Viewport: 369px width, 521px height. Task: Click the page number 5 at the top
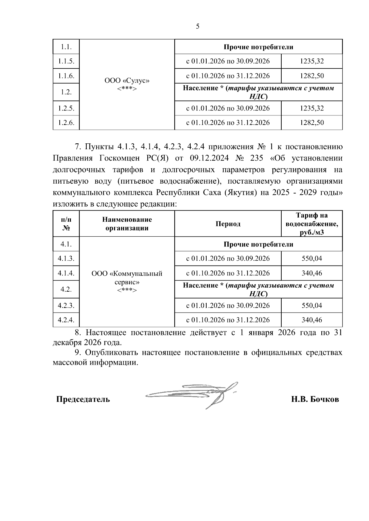pyautogui.click(x=197, y=26)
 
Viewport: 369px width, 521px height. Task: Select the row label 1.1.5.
pyautogui.click(x=66, y=61)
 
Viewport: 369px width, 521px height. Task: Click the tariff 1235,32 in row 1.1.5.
pyautogui.click(x=311, y=61)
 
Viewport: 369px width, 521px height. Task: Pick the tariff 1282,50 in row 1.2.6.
pyautogui.click(x=311, y=122)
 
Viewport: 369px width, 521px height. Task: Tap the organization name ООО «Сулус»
pyautogui.click(x=127, y=81)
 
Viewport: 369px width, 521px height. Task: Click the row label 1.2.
pyautogui.click(x=66, y=92)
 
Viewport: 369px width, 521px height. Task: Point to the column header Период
pyautogui.click(x=228, y=224)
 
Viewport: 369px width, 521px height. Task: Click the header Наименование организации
pyautogui.click(x=127, y=224)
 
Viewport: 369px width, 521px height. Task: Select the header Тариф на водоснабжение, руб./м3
pyautogui.click(x=311, y=224)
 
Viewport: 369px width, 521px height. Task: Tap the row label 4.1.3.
pyautogui.click(x=66, y=259)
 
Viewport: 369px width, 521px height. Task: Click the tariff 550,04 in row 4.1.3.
pyautogui.click(x=311, y=259)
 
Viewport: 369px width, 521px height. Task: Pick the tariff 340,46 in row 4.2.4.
pyautogui.click(x=311, y=320)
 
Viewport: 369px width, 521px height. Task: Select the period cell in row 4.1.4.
pyautogui.click(x=228, y=273)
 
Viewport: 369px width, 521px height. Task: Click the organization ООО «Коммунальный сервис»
pyautogui.click(x=127, y=278)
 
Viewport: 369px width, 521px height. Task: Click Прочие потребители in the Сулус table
pyautogui.click(x=258, y=47)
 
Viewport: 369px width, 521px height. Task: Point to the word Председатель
pyautogui.click(x=83, y=399)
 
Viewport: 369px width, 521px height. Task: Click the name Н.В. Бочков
pyautogui.click(x=315, y=399)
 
